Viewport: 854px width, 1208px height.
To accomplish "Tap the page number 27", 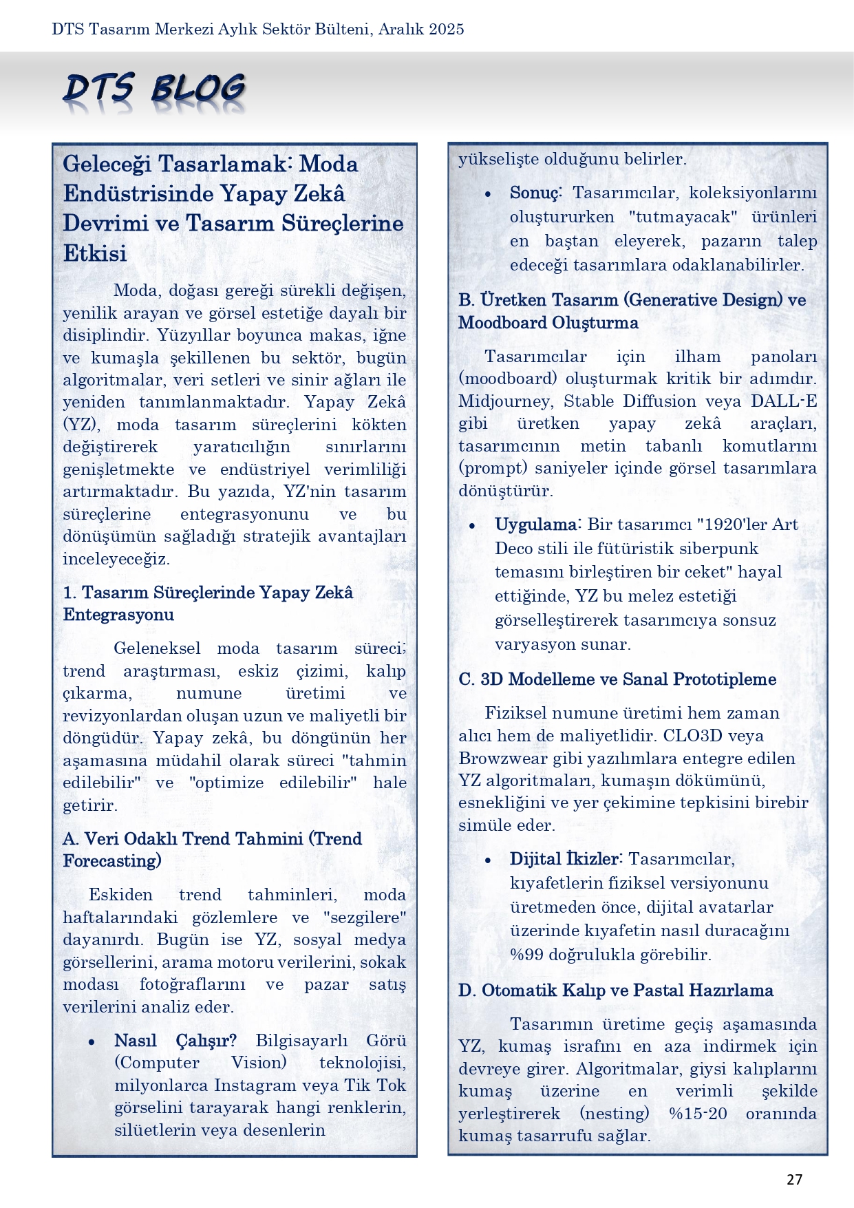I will pos(794,1180).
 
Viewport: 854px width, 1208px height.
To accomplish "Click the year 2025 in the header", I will pos(446,29).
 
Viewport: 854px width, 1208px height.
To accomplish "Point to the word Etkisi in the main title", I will pos(95,253).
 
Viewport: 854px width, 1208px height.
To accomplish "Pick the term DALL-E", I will pos(784,401).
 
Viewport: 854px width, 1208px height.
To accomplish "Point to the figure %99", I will pos(526,955).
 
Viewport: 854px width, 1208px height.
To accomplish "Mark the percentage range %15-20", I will pos(697,1114).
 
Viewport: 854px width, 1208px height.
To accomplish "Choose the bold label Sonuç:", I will pos(536,193).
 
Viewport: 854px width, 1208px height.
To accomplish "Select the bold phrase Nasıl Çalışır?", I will pos(175,1041).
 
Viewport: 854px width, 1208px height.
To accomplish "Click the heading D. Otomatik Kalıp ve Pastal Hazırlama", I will pos(616,990).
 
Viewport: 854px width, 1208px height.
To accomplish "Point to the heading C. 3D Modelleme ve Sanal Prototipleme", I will pos(617,679).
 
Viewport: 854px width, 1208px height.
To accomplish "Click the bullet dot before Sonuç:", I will pos(487,194).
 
